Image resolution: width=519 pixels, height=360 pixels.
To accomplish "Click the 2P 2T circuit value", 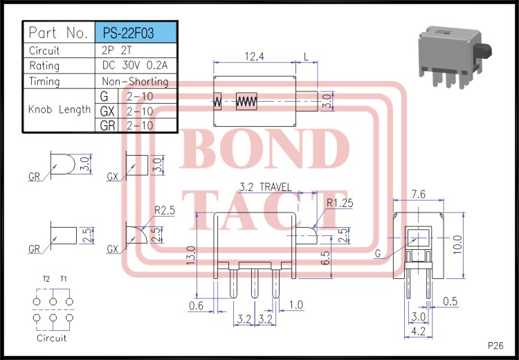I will coord(118,51).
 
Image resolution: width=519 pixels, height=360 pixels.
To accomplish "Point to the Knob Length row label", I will coord(60,109).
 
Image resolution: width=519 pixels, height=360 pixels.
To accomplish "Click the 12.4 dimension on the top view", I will coord(255,57).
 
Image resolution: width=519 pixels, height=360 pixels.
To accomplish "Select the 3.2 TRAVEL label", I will coord(264,187).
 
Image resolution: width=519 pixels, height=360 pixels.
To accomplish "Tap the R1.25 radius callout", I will coord(340,203).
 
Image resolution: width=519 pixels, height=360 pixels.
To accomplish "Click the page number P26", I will coord(495,345).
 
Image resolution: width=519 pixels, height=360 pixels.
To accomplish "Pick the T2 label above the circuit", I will coord(46,279).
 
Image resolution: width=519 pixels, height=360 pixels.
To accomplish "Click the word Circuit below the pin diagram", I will coord(53,338).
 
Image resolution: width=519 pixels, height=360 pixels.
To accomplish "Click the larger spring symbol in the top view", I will coord(246,102).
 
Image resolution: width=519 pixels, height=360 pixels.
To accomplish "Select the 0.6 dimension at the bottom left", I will coord(196,305).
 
